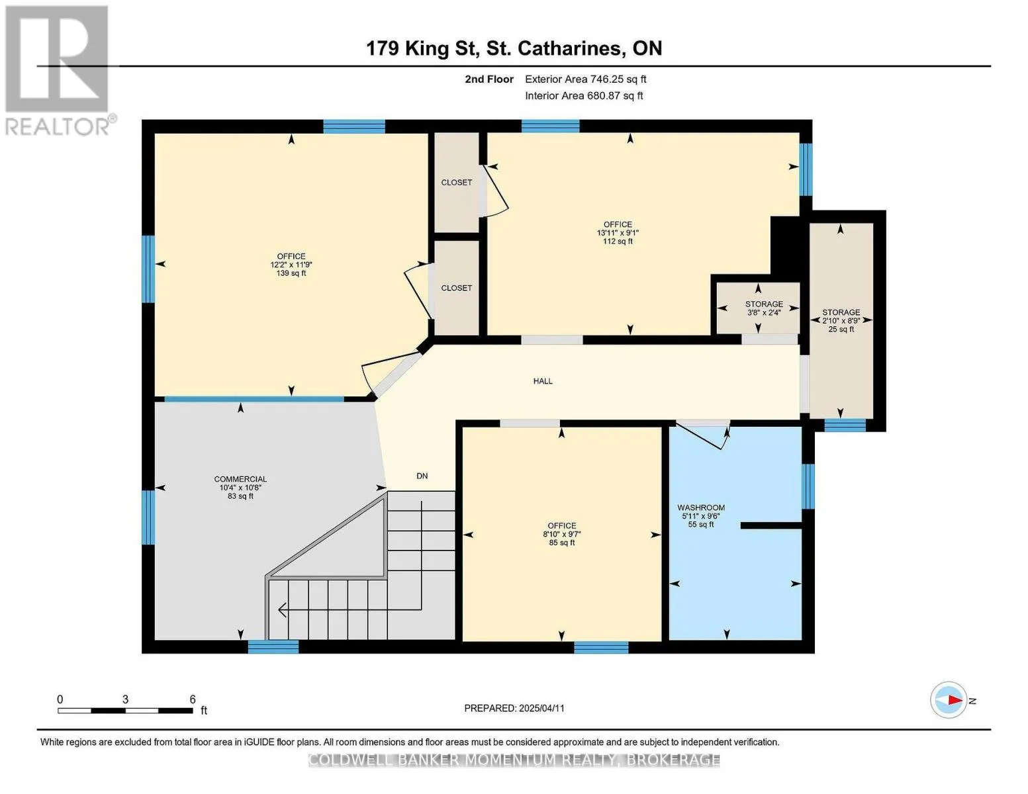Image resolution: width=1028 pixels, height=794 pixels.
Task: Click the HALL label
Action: click(x=543, y=381)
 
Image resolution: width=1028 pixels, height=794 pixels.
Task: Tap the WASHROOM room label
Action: click(x=700, y=507)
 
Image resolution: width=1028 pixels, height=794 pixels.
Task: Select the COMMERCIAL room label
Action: click(x=240, y=479)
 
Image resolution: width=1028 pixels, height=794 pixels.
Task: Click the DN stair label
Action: click(x=422, y=476)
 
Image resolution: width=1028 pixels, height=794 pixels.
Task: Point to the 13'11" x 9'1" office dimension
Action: click(x=618, y=233)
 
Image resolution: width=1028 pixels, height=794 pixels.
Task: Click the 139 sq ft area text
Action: click(x=291, y=273)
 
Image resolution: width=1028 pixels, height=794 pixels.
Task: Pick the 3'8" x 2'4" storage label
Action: click(x=763, y=312)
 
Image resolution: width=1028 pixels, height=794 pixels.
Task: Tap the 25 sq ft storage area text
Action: click(x=841, y=329)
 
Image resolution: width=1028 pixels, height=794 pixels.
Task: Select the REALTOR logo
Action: click(x=59, y=71)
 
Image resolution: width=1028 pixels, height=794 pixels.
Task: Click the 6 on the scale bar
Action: click(x=193, y=699)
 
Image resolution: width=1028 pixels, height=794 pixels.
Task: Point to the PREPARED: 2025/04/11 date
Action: click(x=514, y=708)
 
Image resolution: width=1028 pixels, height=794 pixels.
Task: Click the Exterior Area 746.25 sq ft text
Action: click(x=585, y=79)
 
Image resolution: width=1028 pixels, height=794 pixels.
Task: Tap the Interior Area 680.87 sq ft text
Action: click(x=584, y=95)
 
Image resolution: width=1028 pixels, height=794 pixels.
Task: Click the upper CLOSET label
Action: click(x=457, y=183)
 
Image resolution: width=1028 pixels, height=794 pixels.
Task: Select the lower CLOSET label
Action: click(x=457, y=288)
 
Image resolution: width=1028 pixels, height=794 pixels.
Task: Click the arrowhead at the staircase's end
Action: click(x=283, y=609)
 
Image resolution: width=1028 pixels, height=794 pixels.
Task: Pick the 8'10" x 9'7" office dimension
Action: click(x=561, y=534)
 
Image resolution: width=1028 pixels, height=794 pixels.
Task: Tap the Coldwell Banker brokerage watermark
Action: click(x=514, y=760)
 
